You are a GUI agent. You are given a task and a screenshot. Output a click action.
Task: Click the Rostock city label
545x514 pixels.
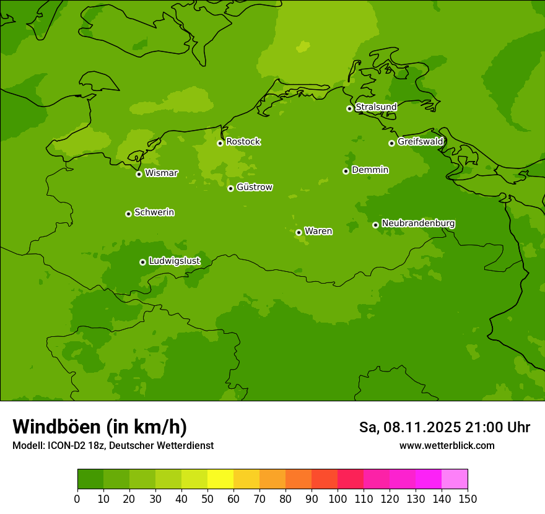(243, 142)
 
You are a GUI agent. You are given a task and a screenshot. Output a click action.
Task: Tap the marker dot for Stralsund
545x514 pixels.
(349, 108)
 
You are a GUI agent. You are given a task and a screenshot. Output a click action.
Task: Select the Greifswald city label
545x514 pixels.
(421, 142)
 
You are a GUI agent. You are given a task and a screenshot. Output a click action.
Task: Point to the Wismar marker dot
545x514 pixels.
(139, 174)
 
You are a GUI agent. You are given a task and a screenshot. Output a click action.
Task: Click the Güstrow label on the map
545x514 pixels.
(255, 188)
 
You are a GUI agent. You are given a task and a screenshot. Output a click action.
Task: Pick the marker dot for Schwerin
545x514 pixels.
(128, 214)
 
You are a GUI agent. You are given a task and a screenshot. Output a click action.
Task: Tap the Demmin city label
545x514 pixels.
(370, 170)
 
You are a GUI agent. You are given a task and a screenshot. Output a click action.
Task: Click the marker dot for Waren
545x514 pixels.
(299, 232)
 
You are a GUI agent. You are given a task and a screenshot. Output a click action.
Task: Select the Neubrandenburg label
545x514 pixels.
(419, 224)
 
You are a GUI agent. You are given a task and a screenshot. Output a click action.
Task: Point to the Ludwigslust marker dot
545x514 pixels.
(142, 262)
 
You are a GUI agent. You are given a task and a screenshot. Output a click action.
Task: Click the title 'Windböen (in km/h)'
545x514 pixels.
(100, 427)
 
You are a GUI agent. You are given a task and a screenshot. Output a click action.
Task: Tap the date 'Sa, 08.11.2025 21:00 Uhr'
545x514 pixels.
(445, 427)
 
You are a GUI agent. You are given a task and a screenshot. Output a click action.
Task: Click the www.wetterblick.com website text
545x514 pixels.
(447, 446)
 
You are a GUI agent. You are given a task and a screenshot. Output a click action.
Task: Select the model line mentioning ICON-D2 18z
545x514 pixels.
(113, 446)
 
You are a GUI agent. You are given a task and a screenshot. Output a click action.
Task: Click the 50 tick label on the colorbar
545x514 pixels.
(207, 499)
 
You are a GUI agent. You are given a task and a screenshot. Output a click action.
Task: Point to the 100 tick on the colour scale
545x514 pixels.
(338, 499)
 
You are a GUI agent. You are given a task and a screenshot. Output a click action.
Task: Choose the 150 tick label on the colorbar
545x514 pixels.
(468, 499)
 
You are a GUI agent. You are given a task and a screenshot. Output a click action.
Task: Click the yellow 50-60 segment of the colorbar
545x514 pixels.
(220, 479)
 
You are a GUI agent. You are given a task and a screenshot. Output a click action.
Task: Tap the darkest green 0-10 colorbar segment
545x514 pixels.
(90, 479)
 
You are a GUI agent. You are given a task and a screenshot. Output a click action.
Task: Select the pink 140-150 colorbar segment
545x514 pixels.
(455, 479)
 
